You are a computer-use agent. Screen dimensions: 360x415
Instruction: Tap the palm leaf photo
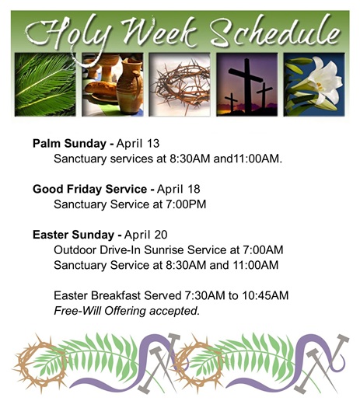pyautogui.click(x=45, y=85)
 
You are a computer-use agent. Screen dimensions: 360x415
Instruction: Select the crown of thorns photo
pyautogui.click(x=180, y=85)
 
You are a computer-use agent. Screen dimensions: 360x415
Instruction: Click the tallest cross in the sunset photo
pyautogui.click(x=246, y=85)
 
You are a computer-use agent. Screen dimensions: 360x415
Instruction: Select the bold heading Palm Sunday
pyautogui.click(x=69, y=144)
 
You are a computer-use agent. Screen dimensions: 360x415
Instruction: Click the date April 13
pyautogui.click(x=138, y=144)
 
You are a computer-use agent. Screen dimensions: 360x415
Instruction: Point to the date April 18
pyautogui.click(x=179, y=189)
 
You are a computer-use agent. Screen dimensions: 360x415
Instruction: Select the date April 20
pyautogui.click(x=146, y=235)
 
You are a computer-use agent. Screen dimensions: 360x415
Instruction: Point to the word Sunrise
pyautogui.click(x=164, y=249)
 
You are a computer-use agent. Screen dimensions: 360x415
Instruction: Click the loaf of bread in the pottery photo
pyautogui.click(x=101, y=89)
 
